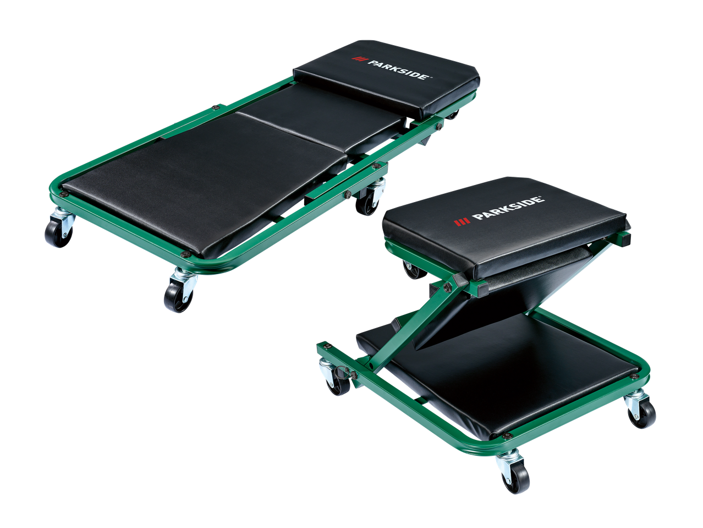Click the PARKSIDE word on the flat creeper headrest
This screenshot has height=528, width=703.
(x=400, y=69)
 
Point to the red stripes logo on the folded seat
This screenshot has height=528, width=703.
(x=462, y=222)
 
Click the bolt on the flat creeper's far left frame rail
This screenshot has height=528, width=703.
(x=215, y=107)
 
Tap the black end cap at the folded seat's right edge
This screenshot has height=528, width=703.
(x=624, y=239)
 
